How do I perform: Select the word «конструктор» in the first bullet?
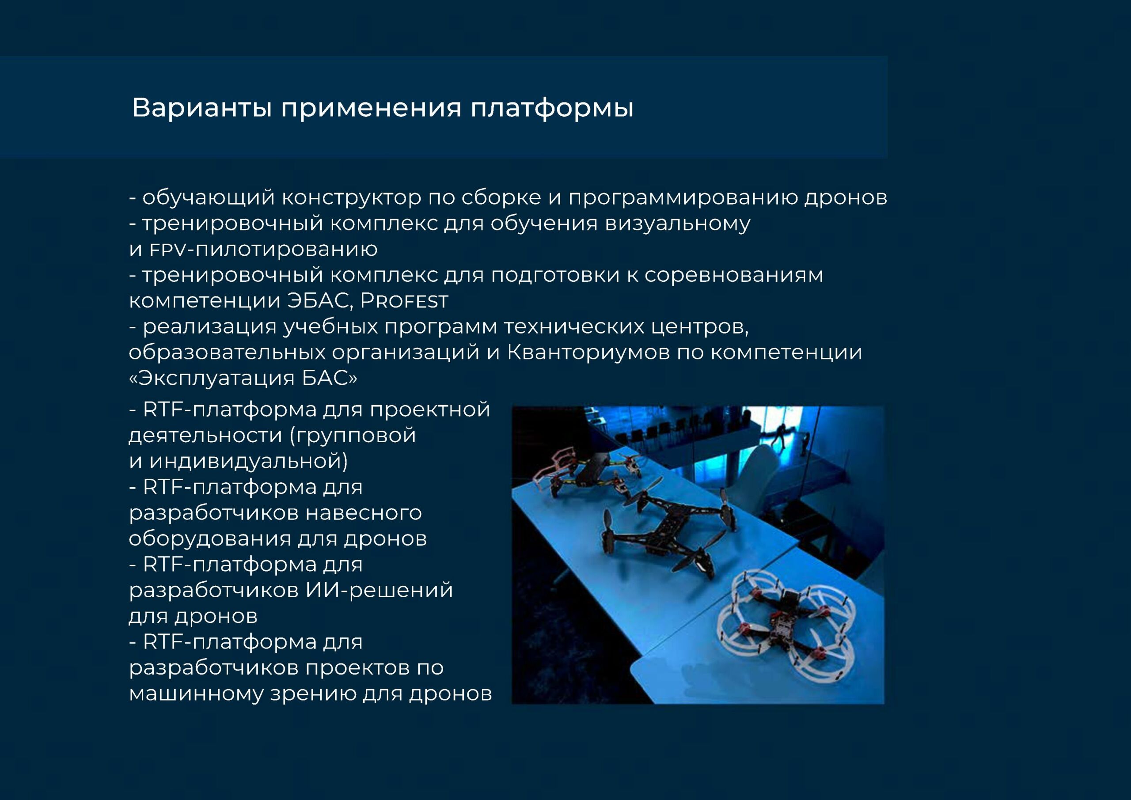pos(352,198)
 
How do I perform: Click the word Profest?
pos(404,301)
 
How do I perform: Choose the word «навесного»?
pos(364,513)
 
